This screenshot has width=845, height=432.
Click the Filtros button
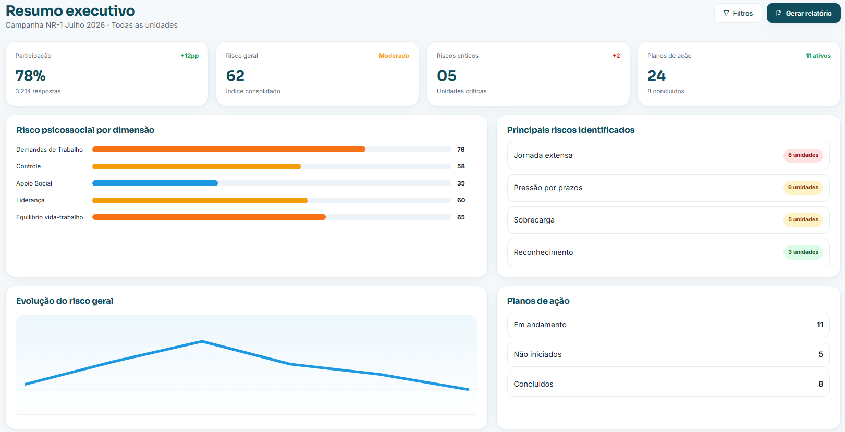(x=738, y=13)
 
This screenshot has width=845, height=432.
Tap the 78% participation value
(x=31, y=76)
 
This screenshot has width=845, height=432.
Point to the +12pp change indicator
(x=189, y=56)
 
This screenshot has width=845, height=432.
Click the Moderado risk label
(x=394, y=56)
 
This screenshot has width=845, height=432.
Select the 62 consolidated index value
(x=236, y=76)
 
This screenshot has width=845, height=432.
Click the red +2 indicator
(x=616, y=56)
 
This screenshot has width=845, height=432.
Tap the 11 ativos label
(x=818, y=56)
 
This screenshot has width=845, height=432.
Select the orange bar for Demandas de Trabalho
(x=229, y=149)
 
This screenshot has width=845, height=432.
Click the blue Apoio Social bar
(x=155, y=183)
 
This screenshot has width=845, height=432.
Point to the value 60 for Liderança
(x=461, y=200)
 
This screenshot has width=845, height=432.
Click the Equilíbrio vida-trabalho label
(x=50, y=217)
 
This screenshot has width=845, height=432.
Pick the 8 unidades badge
(x=803, y=155)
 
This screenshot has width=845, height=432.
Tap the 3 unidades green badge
(x=803, y=252)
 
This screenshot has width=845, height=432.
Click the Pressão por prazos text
(x=548, y=188)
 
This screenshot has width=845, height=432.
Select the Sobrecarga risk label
(x=534, y=220)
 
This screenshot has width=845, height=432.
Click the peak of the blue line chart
(x=202, y=341)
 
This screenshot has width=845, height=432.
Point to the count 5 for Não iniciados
(x=820, y=354)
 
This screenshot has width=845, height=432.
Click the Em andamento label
(x=540, y=325)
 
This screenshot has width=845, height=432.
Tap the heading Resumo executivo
(x=70, y=11)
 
